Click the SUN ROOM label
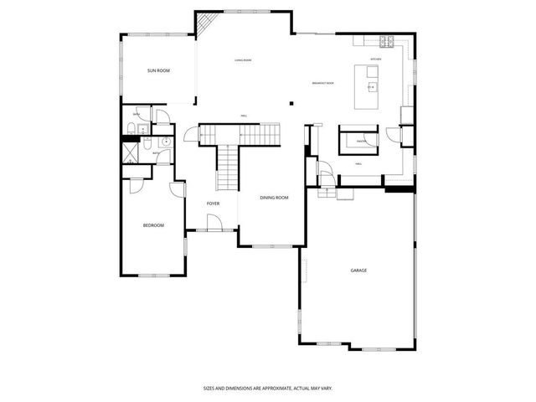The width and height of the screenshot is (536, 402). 158,71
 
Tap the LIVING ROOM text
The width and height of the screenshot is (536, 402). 243,60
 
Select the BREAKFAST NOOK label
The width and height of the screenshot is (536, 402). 323,83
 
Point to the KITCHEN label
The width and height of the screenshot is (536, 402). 376,59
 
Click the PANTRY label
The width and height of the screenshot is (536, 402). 362,142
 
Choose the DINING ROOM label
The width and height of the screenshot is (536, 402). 274,198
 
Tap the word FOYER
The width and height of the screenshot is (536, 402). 214,204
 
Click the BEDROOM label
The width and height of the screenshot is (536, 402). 153,225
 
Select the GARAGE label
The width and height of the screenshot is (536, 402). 358,271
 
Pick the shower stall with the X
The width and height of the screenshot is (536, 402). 131,152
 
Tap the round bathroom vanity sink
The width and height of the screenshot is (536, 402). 165,142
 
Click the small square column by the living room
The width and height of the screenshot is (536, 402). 291,103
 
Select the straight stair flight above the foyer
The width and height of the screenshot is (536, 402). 228,167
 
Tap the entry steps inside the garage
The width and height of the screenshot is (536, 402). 325,193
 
